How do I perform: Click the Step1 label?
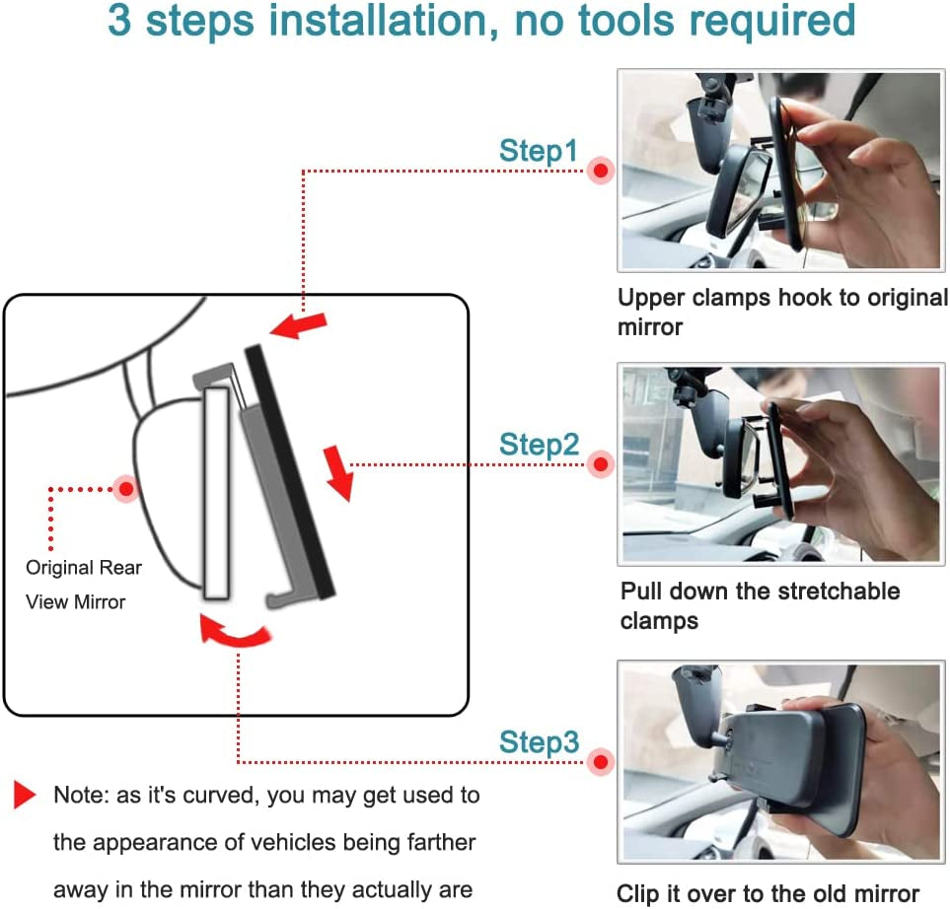(x=539, y=151)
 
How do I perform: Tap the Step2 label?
(x=540, y=445)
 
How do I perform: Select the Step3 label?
(x=540, y=742)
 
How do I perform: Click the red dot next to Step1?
(x=601, y=171)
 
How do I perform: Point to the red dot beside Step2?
(x=601, y=464)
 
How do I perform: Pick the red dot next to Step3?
(x=601, y=762)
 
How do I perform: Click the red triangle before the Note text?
(x=25, y=795)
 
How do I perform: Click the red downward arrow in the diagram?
(x=338, y=473)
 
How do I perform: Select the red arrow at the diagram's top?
(x=298, y=325)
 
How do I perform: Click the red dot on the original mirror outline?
(x=126, y=488)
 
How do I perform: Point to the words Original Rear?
(x=84, y=568)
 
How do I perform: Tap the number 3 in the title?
(x=119, y=21)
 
